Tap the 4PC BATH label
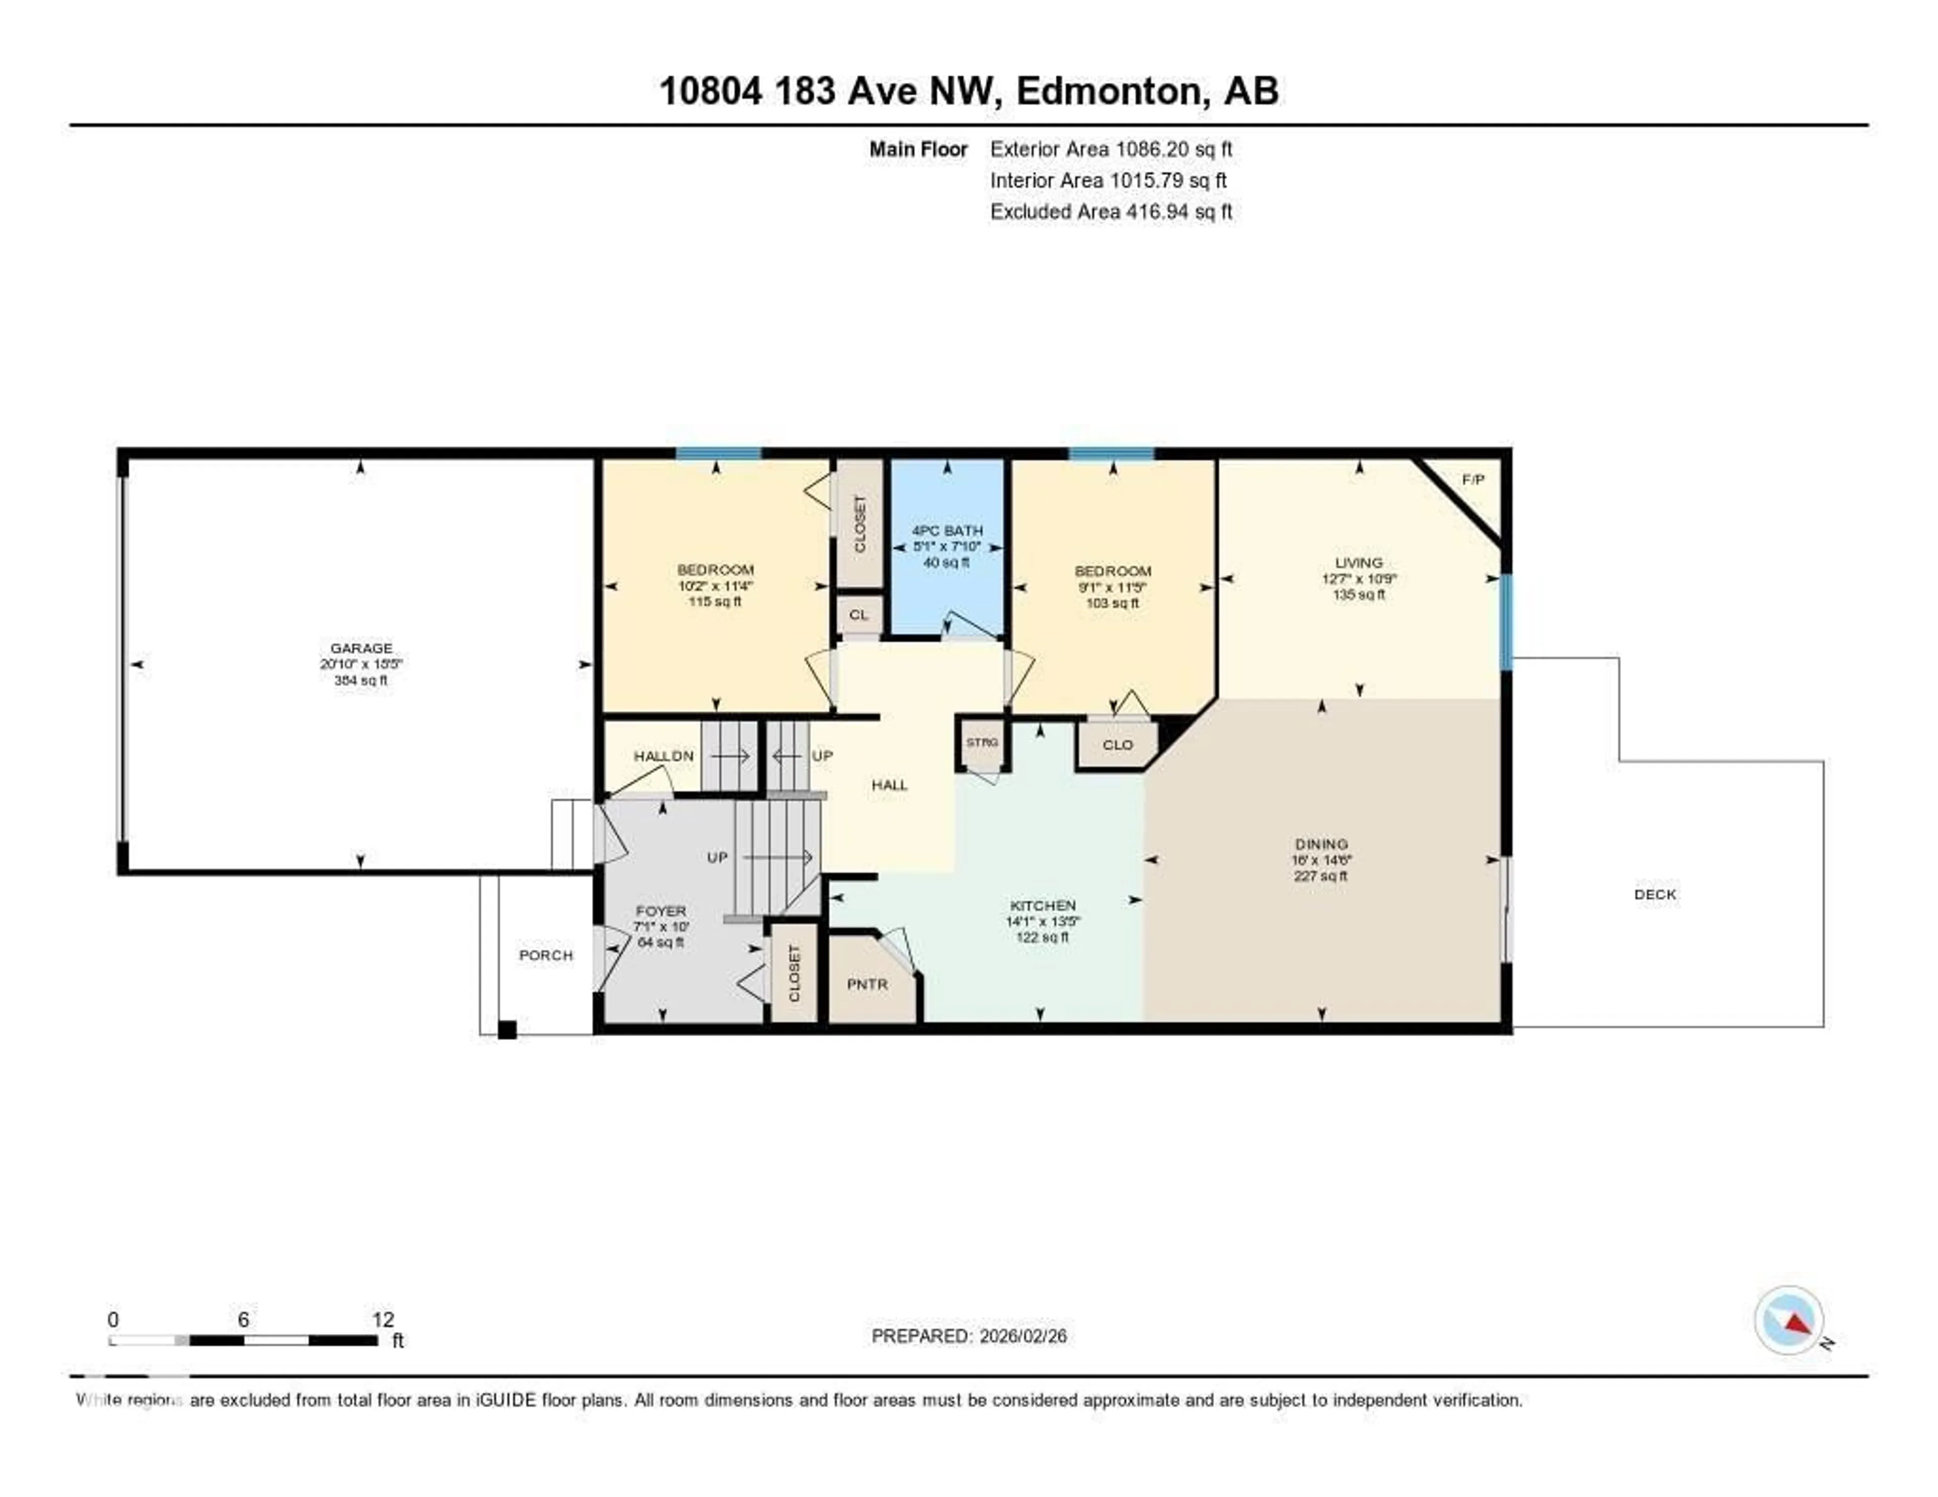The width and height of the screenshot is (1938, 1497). pos(947,530)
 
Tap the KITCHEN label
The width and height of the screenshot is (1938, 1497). pos(1043,905)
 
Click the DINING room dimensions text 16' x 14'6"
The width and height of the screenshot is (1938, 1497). pos(1321,860)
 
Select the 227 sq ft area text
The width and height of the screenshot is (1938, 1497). pos(1321,876)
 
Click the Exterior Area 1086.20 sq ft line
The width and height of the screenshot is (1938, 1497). pos(1111,149)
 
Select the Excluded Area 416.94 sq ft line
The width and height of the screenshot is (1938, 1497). pos(1111,211)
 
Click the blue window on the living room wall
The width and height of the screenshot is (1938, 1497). pos(1506,621)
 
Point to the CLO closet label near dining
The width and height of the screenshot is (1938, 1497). pos(1117,744)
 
